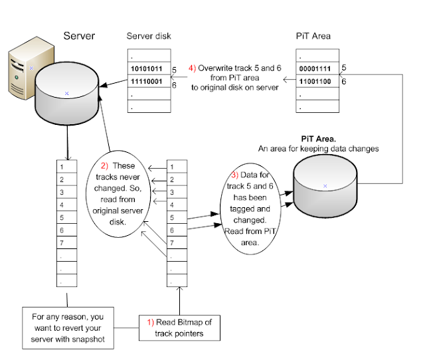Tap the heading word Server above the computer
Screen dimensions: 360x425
pyautogui.click(x=79, y=35)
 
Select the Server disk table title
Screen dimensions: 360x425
pyautogui.click(x=149, y=36)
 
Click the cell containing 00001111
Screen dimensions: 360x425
pyautogui.click(x=316, y=68)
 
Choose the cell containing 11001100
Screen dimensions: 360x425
pyautogui.click(x=316, y=81)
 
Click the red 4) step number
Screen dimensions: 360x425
pyautogui.click(x=193, y=68)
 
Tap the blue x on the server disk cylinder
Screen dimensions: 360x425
pyautogui.click(x=66, y=94)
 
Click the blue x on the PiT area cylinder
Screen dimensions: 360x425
pyautogui.click(x=325, y=186)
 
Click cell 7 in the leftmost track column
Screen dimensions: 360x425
pyautogui.click(x=62, y=242)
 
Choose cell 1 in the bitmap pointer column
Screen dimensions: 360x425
pyautogui.click(x=173, y=167)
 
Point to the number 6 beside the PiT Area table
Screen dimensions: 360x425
pyautogui.click(x=343, y=81)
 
